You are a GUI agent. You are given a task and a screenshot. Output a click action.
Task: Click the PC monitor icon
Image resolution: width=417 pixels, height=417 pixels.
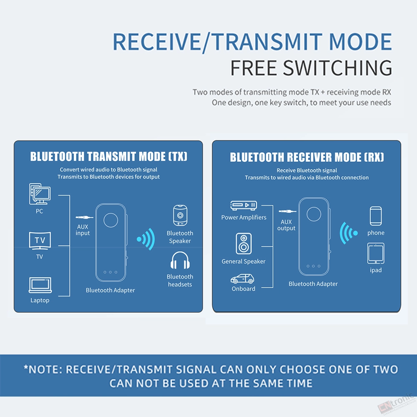point(40,194)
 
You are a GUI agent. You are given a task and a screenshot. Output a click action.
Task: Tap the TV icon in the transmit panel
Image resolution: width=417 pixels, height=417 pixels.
point(40,241)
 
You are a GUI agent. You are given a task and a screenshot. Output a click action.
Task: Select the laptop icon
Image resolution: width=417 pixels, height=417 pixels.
point(40,285)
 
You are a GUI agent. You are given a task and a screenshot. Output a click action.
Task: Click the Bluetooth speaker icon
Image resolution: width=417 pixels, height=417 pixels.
point(180,216)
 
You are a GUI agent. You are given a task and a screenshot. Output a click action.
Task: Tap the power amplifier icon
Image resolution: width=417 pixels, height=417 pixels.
point(244,205)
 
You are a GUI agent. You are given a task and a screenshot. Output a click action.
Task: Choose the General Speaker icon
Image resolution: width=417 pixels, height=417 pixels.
point(244,244)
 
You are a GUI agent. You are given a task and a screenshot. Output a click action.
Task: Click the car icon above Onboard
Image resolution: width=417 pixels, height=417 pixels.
point(242,279)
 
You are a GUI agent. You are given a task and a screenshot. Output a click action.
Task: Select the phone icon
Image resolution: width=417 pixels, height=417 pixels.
point(376,216)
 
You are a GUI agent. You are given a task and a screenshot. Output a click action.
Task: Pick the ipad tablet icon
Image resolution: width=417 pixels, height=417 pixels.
point(376,253)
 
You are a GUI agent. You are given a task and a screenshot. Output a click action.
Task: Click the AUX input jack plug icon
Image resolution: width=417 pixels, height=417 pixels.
point(84,218)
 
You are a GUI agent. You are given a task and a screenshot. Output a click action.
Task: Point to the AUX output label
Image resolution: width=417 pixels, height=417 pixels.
point(286,225)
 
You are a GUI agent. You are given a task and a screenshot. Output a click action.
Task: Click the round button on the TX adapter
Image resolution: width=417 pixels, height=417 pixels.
point(111,220)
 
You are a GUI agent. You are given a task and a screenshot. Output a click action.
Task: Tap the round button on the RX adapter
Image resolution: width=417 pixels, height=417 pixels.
point(314,214)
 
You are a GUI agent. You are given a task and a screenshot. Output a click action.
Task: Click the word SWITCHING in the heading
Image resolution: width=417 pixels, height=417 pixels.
point(337,68)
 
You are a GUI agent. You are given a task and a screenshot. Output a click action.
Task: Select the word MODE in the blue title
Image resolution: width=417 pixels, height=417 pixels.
point(360,42)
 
